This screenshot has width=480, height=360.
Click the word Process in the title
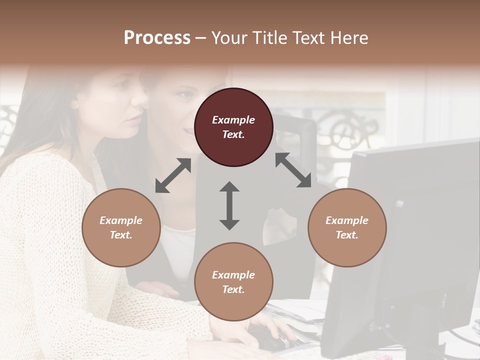(x=157, y=38)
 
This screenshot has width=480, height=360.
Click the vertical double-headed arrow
(x=229, y=205)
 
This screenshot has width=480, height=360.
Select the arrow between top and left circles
(x=173, y=175)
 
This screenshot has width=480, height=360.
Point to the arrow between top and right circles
(x=293, y=170)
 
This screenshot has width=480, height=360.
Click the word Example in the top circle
(x=233, y=120)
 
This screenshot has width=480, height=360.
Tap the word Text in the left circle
(x=121, y=235)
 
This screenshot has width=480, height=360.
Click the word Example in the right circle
(x=347, y=220)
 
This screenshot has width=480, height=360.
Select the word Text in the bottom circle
(x=233, y=289)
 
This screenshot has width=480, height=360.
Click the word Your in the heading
(x=228, y=38)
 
